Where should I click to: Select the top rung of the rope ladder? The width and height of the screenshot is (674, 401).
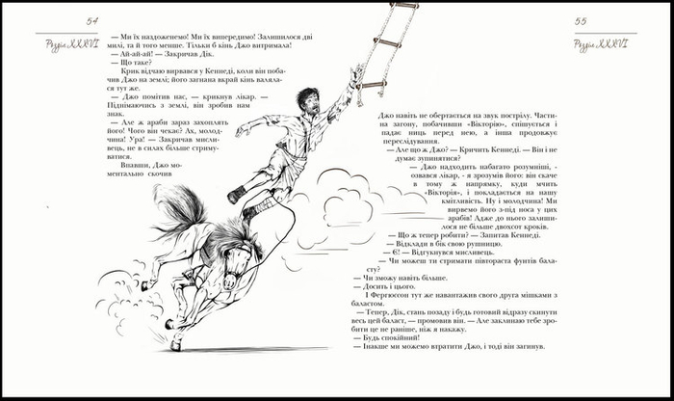click(402, 5)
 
